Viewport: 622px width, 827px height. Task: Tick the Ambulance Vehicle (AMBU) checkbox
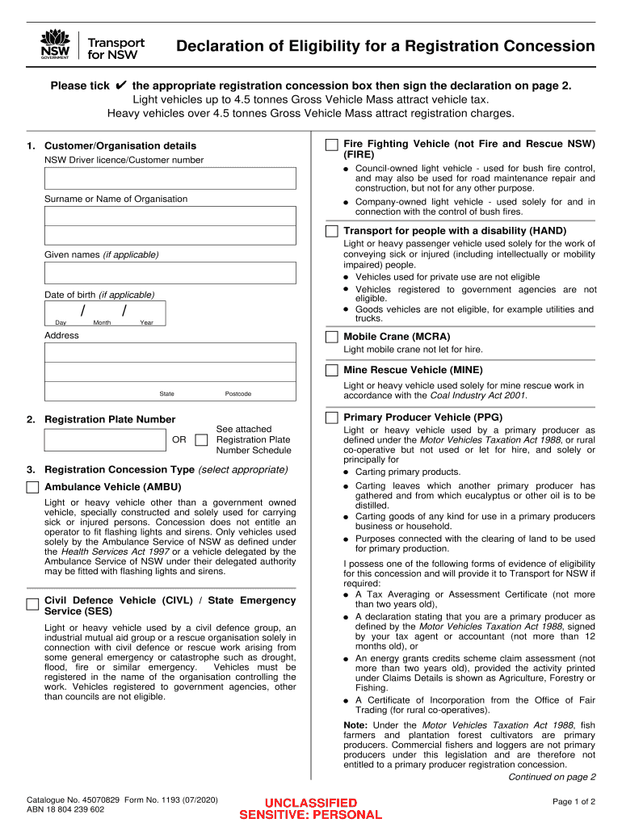tap(32, 488)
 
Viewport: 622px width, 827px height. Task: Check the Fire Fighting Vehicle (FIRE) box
tap(331, 145)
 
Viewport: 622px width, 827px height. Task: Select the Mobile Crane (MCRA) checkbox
tap(331, 337)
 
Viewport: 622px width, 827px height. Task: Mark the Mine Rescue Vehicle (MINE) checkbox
tap(331, 370)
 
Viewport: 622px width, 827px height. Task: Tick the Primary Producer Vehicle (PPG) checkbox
tap(331, 418)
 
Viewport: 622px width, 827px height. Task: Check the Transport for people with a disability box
tap(331, 231)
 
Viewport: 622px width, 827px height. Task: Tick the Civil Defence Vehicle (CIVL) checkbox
tap(32, 603)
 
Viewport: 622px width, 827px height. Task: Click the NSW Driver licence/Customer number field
tap(170, 178)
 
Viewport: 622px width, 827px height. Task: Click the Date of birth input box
tap(105, 313)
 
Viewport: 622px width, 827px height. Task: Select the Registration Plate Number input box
tap(105, 440)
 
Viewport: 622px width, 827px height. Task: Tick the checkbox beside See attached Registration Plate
tap(201, 440)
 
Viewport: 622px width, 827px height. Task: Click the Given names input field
tap(170, 273)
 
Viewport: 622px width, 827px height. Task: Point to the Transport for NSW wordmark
tap(116, 48)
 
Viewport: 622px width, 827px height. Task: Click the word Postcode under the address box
tap(237, 394)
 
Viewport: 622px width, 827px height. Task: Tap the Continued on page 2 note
tap(551, 777)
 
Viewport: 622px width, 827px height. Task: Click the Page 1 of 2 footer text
tap(574, 801)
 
